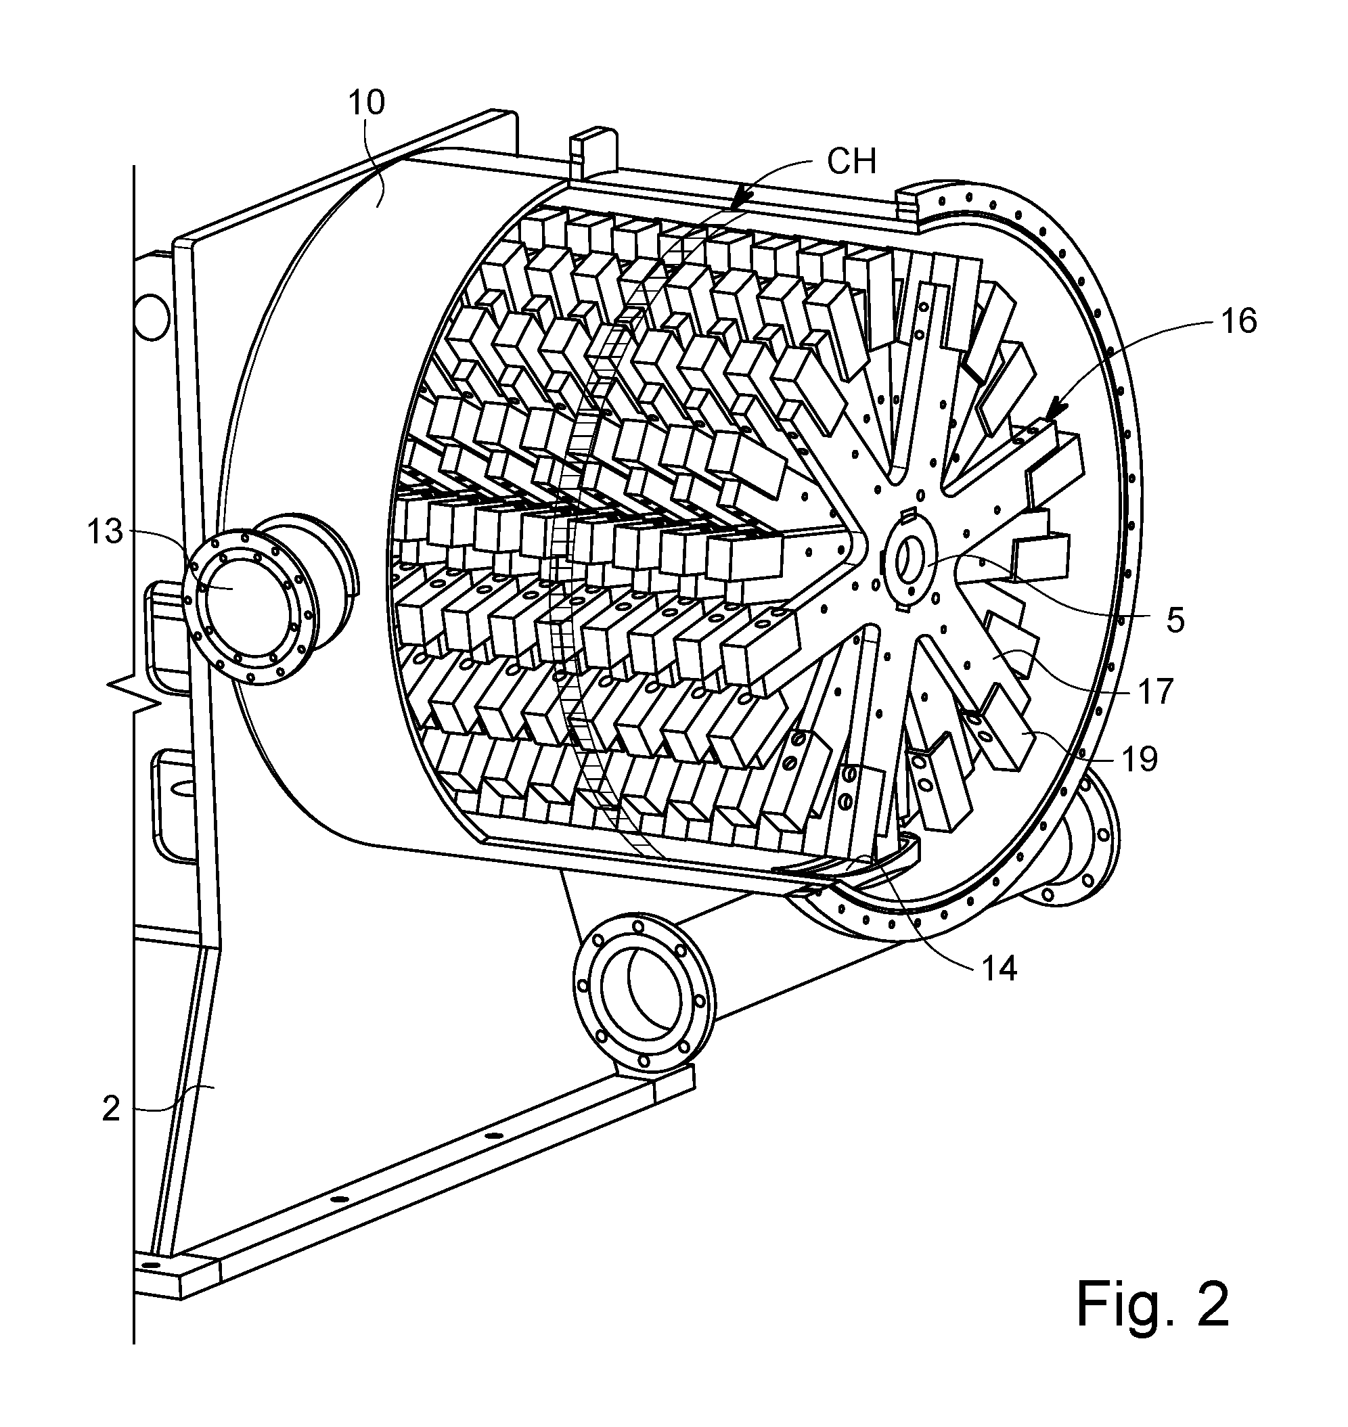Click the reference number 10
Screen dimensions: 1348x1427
point(367,103)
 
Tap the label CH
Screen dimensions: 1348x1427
point(852,162)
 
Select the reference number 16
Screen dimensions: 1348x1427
point(1239,321)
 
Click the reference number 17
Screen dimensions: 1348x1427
point(1154,692)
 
